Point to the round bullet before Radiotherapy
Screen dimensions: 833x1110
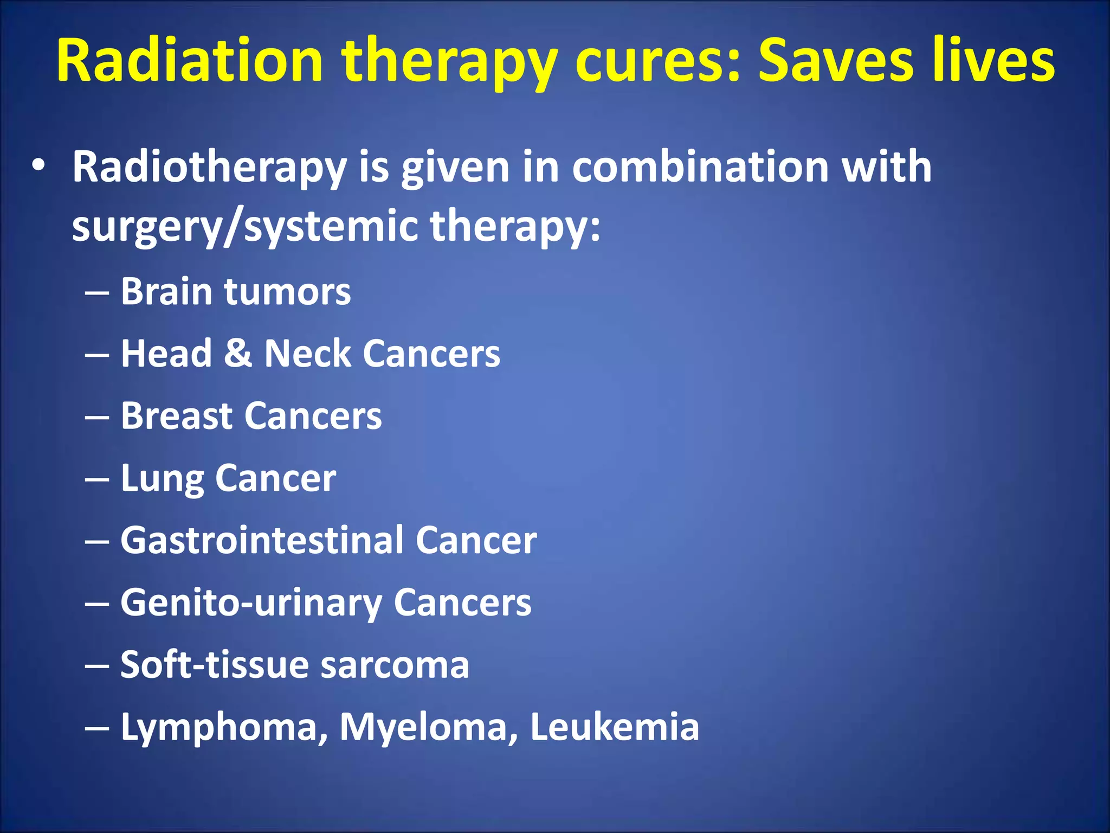click(x=38, y=166)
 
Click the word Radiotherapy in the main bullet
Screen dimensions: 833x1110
click(x=209, y=167)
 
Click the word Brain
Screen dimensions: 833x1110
click(x=166, y=292)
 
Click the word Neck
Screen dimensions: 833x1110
click(x=307, y=354)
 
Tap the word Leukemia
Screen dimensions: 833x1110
click(x=615, y=727)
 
